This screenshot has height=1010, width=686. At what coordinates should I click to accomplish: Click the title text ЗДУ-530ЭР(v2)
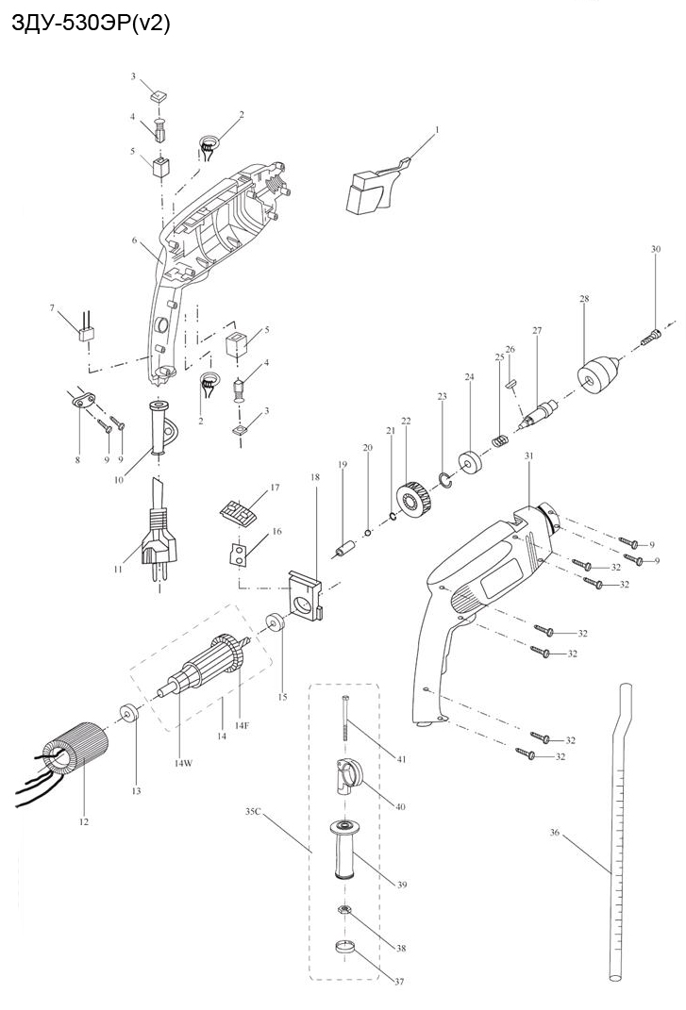tap(90, 25)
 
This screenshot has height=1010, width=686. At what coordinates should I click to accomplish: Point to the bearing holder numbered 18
tap(306, 599)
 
